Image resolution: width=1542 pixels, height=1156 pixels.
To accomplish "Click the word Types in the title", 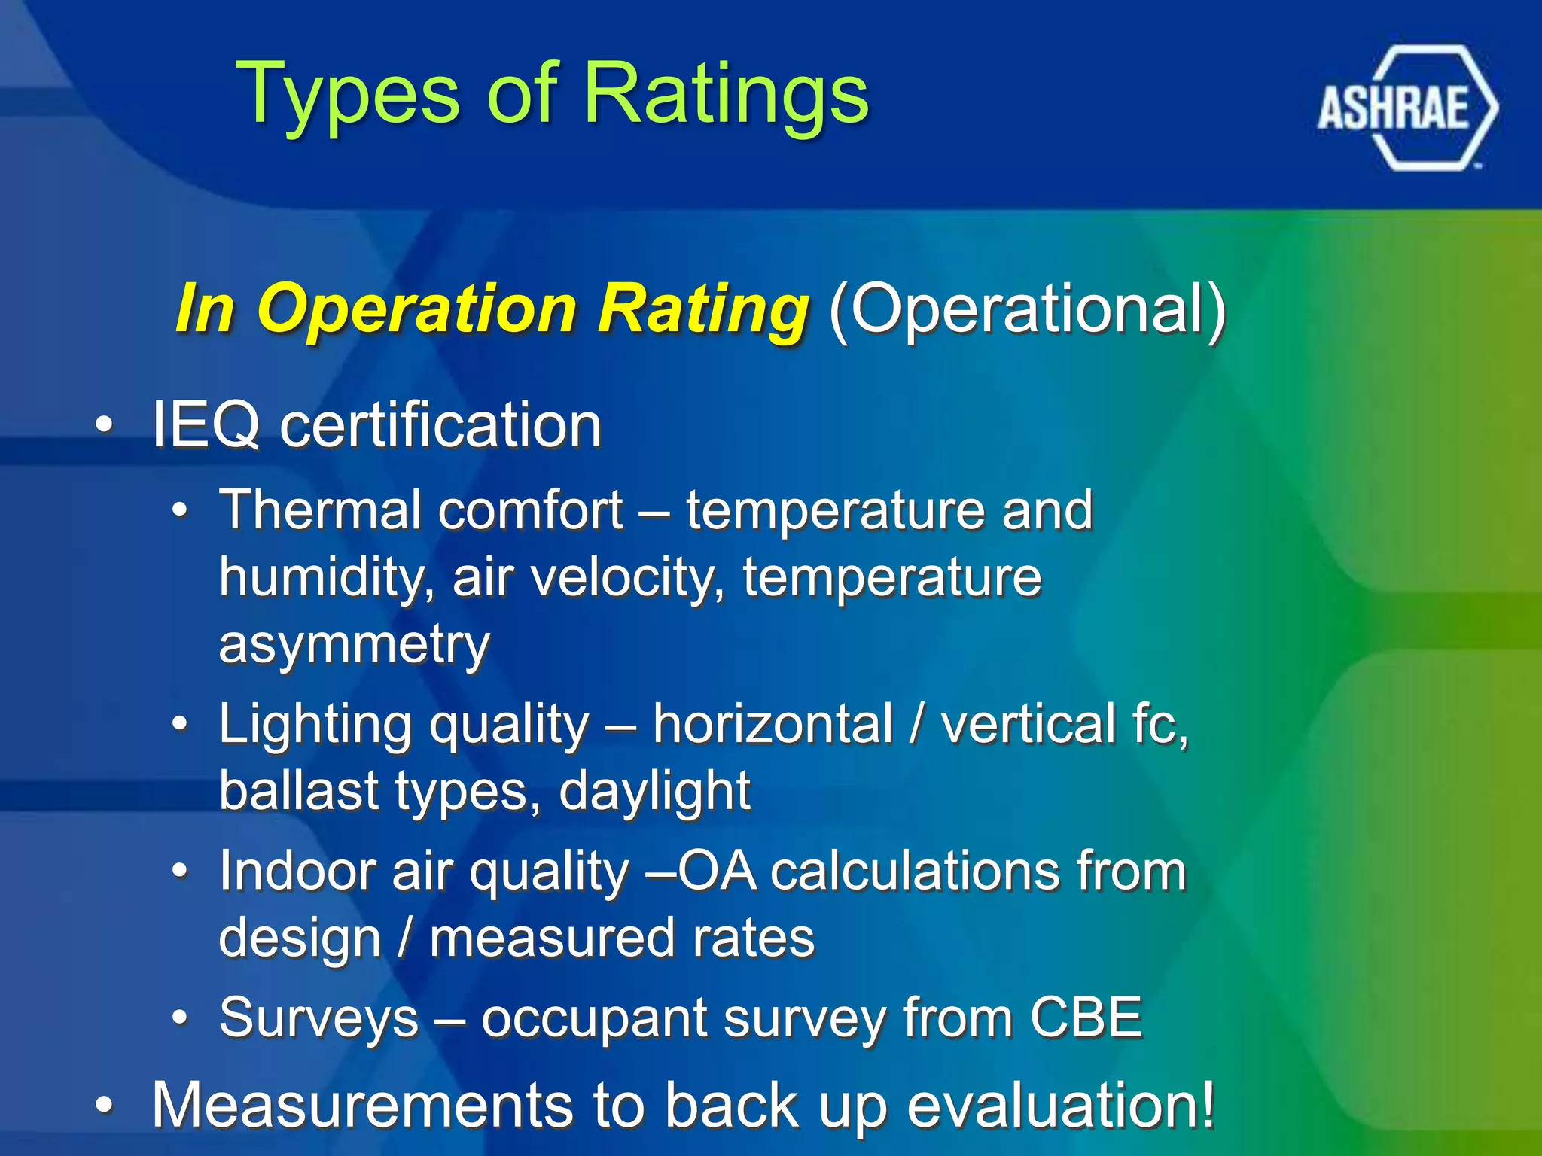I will click(x=347, y=94).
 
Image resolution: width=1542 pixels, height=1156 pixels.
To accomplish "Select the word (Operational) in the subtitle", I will click(x=1027, y=309).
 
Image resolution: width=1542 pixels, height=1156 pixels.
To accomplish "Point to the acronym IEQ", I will click(x=206, y=425).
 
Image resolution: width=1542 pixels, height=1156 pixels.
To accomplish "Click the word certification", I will click(x=440, y=425).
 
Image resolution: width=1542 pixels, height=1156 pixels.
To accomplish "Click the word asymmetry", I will click(x=354, y=646).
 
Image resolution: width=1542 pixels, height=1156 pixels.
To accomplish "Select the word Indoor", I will click(x=297, y=872).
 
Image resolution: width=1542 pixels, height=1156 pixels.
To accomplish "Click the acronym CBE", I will click(x=1086, y=1018).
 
